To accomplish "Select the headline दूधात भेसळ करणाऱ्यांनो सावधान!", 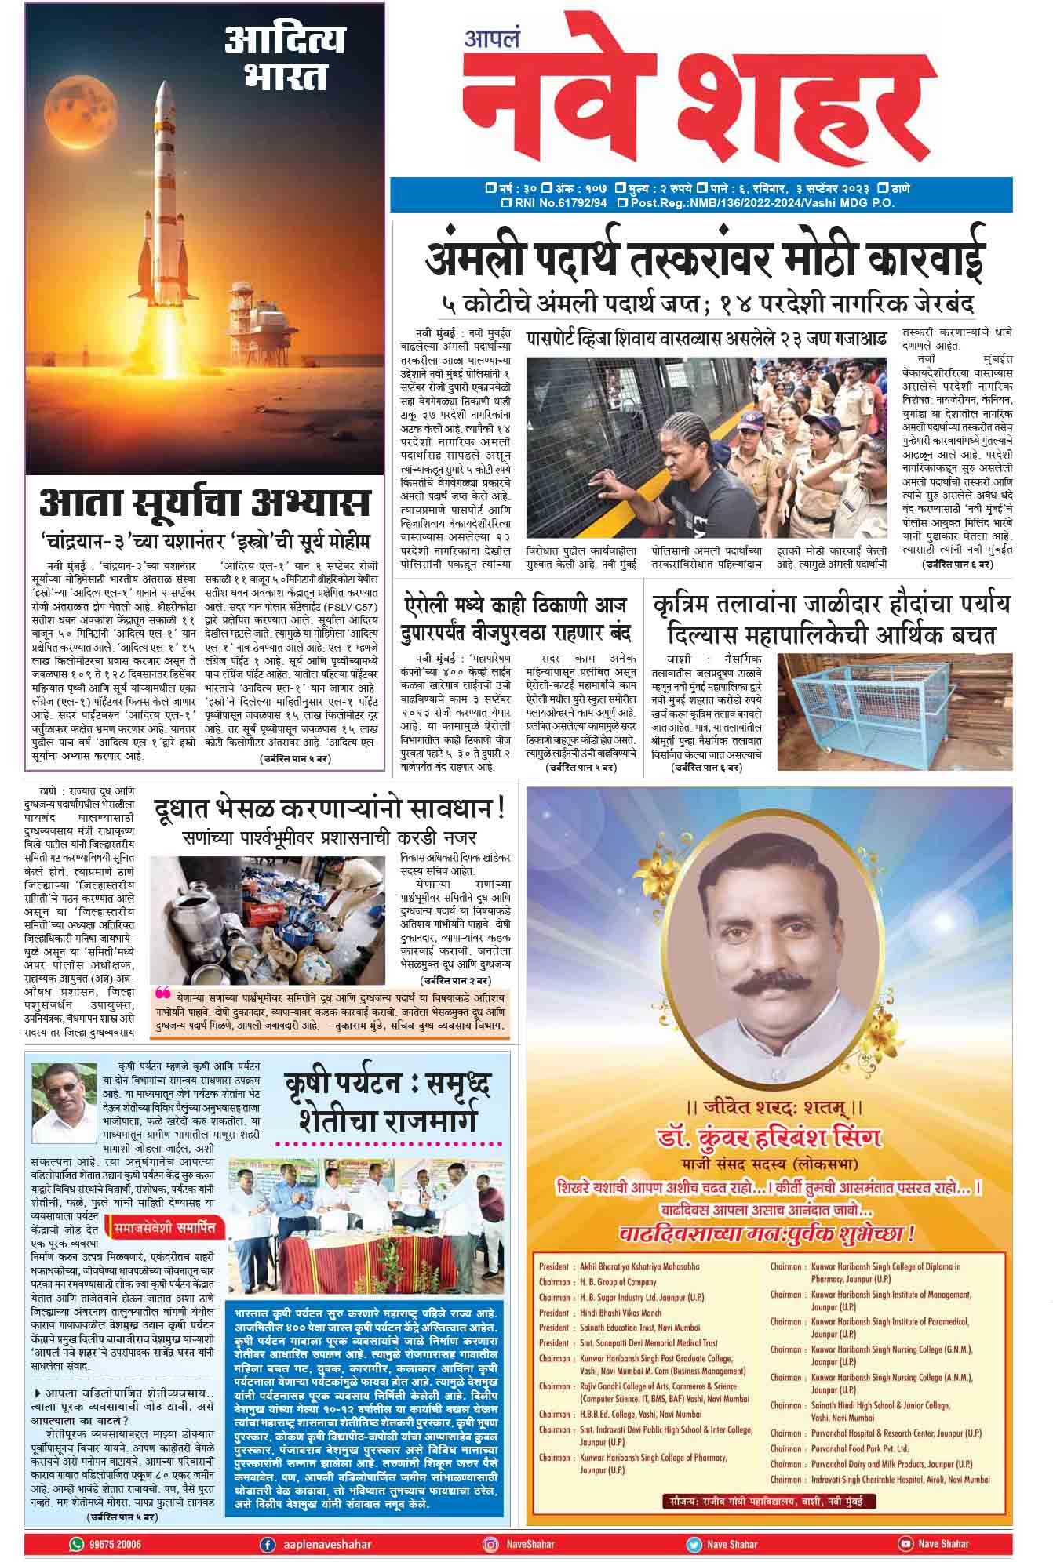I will [329, 808].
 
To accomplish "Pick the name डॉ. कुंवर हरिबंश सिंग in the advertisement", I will [768, 1137].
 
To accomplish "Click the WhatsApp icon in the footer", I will [76, 1544].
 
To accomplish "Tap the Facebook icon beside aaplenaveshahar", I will [268, 1544].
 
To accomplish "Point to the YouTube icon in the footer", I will [905, 1544].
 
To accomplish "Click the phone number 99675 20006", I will [115, 1544].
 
